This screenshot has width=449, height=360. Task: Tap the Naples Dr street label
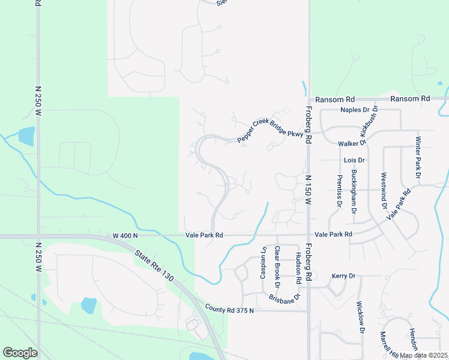[354, 110]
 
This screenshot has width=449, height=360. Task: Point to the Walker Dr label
[352, 144]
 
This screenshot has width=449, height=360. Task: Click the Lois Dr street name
[354, 160]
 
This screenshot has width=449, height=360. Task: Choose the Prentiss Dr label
[340, 191]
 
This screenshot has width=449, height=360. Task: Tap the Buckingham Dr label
[354, 193]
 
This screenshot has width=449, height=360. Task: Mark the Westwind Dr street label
[384, 191]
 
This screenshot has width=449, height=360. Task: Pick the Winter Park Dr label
[418, 157]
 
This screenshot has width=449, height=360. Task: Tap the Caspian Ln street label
[263, 262]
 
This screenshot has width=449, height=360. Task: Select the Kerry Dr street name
[344, 276]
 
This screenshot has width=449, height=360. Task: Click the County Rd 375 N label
[229, 310]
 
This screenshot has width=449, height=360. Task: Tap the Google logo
[20, 353]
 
